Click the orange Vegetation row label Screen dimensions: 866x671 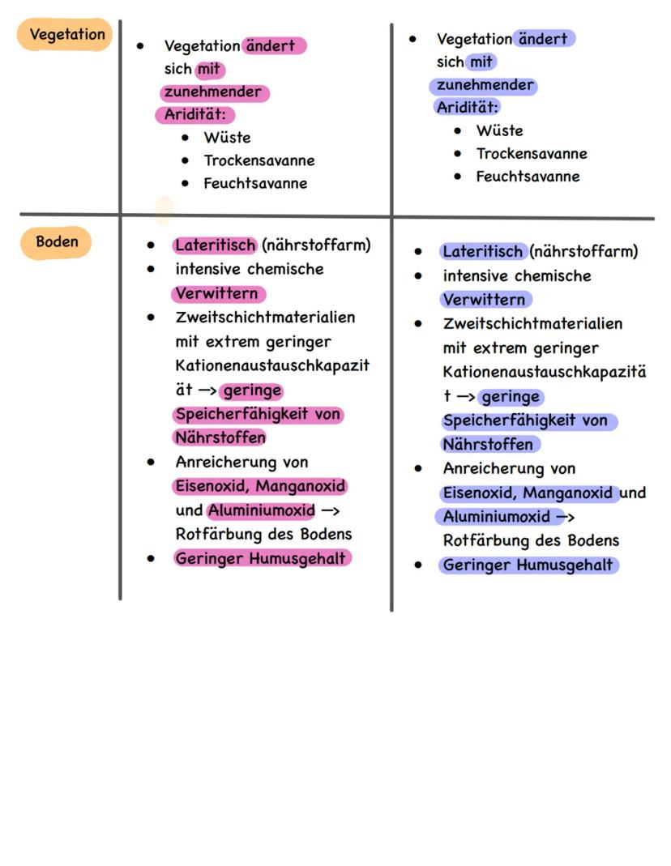coord(66,35)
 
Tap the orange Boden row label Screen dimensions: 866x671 coord(57,242)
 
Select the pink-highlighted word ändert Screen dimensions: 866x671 coord(275,46)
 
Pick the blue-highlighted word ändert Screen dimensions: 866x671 coord(545,38)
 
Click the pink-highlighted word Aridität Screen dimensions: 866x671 coord(195,115)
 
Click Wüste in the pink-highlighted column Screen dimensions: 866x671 coord(227,138)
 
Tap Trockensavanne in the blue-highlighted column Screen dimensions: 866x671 coord(531,154)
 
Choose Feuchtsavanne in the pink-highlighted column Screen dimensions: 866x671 coord(255,184)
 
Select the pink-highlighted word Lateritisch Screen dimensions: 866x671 coord(215,245)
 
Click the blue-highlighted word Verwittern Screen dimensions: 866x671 coord(485,300)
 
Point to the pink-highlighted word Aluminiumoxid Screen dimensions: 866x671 coord(261,511)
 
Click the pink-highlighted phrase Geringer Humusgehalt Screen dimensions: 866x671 coord(261,558)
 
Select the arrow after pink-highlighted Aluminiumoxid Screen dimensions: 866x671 coord(331,511)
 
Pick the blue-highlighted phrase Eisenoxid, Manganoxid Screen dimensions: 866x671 coord(529,493)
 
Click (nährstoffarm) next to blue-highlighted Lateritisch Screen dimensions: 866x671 coord(583,251)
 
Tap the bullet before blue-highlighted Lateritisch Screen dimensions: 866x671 coord(418,252)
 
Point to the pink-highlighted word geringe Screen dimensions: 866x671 coord(252,391)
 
